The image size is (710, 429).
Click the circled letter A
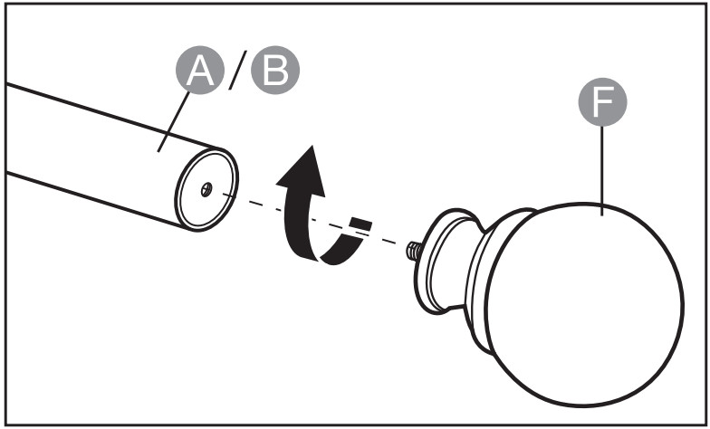click(x=199, y=71)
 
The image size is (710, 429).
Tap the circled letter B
click(x=275, y=71)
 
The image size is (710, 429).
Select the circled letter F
click(x=602, y=101)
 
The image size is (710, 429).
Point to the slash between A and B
click(x=237, y=70)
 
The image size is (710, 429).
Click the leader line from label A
click(x=174, y=121)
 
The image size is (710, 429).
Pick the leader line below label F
click(x=602, y=170)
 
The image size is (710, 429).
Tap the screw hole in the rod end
click(x=206, y=189)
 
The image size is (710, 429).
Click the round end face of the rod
click(x=206, y=190)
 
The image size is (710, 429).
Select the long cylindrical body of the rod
click(x=100, y=154)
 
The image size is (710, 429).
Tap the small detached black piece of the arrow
click(x=360, y=224)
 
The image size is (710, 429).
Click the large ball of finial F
click(x=584, y=304)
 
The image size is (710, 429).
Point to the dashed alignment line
click(x=312, y=219)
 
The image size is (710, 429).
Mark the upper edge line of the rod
click(x=113, y=117)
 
